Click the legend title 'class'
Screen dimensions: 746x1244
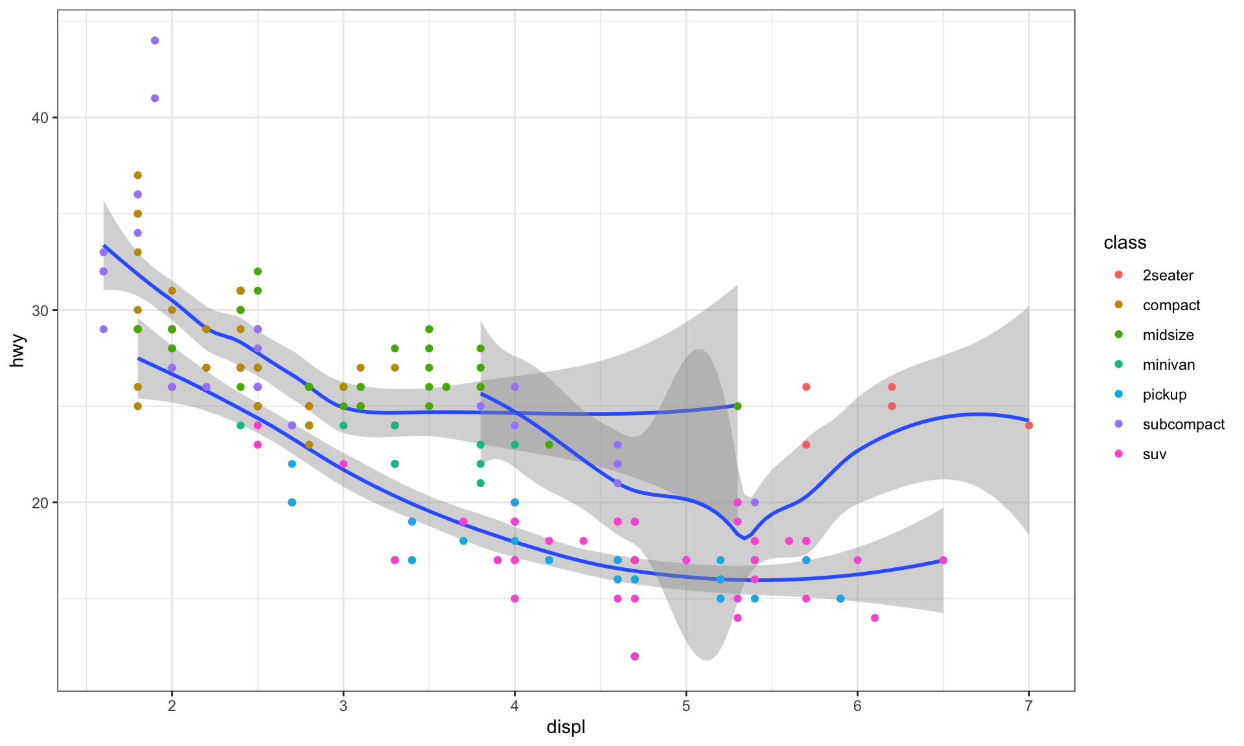pos(1125,243)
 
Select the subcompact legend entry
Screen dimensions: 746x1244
pos(1183,424)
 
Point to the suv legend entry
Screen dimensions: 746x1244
pos(1154,454)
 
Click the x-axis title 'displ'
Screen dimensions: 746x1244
pos(566,727)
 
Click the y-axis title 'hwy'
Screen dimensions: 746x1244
pos(17,350)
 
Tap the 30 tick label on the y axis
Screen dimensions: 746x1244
pos(40,310)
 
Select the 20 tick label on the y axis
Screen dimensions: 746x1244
pos(40,503)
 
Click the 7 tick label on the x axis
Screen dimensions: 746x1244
pos(1028,706)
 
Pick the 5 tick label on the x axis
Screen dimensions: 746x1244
pos(685,706)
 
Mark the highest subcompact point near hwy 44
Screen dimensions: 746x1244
pos(155,41)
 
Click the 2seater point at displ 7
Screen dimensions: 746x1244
pos(1029,425)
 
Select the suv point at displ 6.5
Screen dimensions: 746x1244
pos(943,560)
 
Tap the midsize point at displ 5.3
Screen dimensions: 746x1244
pos(737,406)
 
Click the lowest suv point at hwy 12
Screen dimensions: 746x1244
pos(634,656)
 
